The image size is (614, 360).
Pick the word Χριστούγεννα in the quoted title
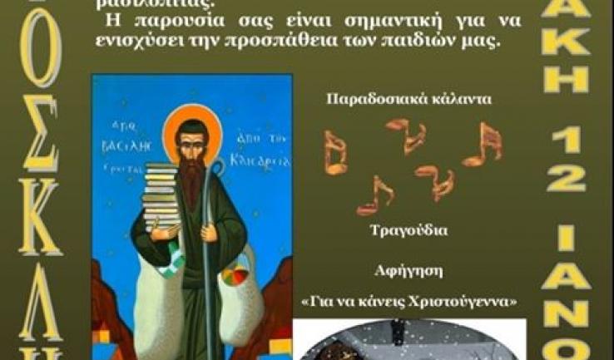pos(473,301)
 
